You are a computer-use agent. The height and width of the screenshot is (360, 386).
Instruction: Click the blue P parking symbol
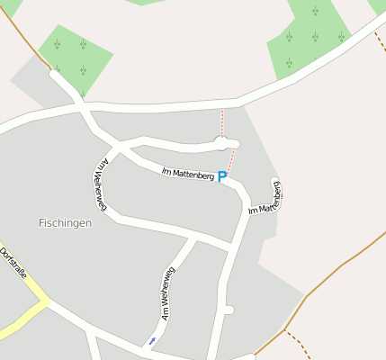[x=221, y=177]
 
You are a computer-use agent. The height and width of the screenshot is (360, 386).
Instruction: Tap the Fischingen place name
[x=66, y=222]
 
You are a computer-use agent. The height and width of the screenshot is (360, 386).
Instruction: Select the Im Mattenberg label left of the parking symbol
[x=187, y=174]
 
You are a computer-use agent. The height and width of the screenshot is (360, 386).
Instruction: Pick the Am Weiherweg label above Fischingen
[x=99, y=185]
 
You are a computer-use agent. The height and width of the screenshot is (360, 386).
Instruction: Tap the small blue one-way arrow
[x=152, y=340]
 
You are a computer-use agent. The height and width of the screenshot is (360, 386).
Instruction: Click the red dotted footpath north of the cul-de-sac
[x=221, y=122]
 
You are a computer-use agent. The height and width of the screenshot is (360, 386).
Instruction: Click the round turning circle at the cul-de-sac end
[x=221, y=142]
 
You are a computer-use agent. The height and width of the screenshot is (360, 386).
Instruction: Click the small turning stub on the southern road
[x=229, y=310]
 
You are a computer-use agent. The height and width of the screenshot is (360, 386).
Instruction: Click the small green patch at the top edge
[x=144, y=2]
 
